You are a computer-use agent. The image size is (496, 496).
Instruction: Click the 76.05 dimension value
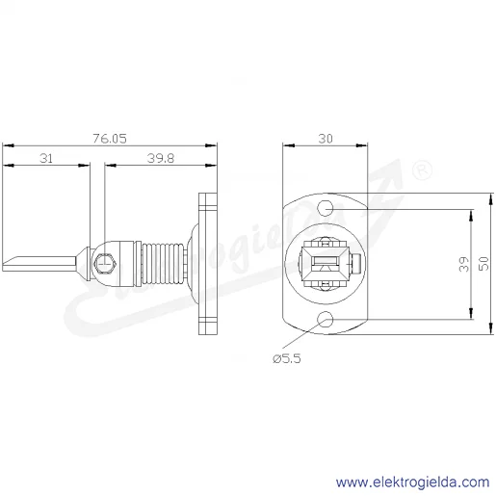click(x=110, y=139)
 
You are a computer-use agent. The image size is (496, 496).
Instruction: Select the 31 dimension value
click(x=46, y=158)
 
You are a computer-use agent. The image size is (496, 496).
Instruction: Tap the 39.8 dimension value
click(x=161, y=158)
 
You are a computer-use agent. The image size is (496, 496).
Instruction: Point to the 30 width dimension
click(x=326, y=139)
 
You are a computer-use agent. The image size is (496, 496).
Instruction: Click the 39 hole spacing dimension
click(x=464, y=264)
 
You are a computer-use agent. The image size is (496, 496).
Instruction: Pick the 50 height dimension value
click(x=483, y=264)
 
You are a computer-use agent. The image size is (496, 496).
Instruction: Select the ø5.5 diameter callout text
click(x=287, y=358)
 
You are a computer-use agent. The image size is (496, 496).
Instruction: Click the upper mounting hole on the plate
click(x=326, y=208)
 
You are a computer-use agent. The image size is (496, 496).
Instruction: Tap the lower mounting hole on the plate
click(x=326, y=319)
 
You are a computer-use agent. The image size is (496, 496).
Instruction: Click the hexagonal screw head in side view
click(x=105, y=264)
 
